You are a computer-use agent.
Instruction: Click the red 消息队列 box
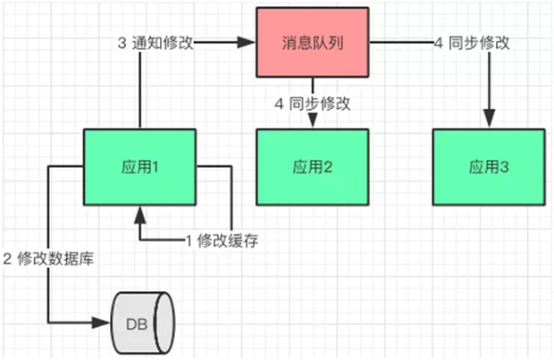pyautogui.click(x=313, y=42)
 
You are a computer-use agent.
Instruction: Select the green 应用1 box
pyautogui.click(x=139, y=166)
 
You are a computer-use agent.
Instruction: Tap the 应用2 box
pyautogui.click(x=313, y=166)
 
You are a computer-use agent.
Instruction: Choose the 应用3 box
pyautogui.click(x=488, y=166)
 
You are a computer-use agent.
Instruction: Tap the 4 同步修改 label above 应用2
pyautogui.click(x=312, y=104)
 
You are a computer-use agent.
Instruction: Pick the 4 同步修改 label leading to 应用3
pyautogui.click(x=472, y=42)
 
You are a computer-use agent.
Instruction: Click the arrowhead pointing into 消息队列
pyautogui.click(x=248, y=42)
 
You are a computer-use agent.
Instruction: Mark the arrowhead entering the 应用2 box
pyautogui.click(x=313, y=122)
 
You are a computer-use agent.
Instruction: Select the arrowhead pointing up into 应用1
pyautogui.click(x=139, y=211)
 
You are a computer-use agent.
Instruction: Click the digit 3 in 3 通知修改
pyautogui.click(x=122, y=42)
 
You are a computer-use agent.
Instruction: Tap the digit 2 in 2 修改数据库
pyautogui.click(x=6, y=261)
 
